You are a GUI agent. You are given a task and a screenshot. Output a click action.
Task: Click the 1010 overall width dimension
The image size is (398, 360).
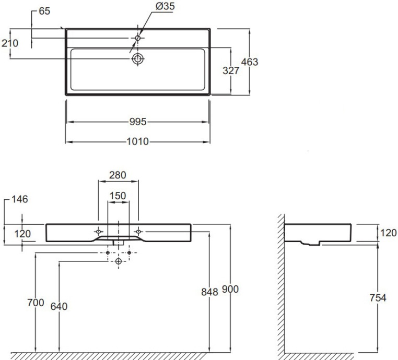point(137,141)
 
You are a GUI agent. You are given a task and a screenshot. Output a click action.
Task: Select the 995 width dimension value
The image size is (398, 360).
point(137,122)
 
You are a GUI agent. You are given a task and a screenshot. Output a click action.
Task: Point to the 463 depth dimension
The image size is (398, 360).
point(249,62)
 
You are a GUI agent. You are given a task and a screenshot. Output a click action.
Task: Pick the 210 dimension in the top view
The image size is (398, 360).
point(9,43)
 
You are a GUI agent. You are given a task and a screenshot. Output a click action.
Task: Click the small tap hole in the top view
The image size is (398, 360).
point(138,38)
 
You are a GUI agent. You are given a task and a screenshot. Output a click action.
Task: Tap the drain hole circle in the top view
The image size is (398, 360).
point(138,58)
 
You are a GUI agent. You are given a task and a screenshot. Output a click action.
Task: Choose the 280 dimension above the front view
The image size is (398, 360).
point(119,175)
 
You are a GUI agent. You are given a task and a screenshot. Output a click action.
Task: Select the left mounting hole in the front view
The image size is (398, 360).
point(98,231)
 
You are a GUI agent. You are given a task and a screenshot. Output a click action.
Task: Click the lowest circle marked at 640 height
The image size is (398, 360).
point(119,260)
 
